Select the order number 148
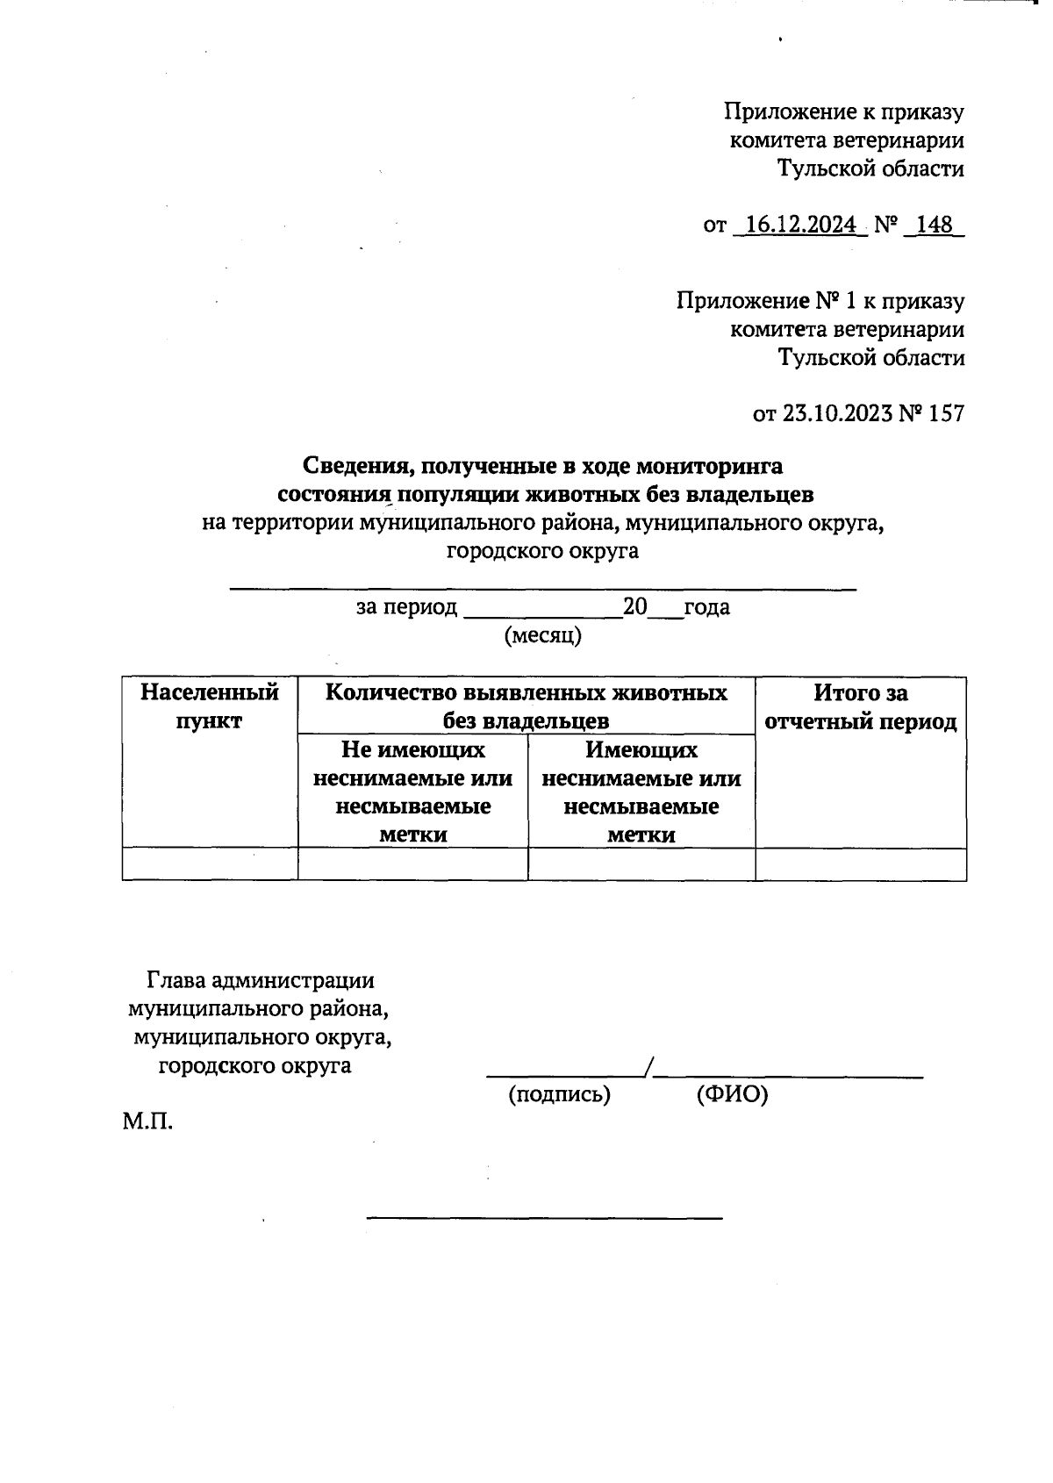click(935, 226)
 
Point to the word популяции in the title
click(458, 494)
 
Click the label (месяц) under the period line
click(542, 635)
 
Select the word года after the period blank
click(706, 607)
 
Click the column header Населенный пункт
click(210, 706)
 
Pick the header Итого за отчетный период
click(861, 706)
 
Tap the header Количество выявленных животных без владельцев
click(526, 706)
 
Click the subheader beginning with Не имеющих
click(413, 792)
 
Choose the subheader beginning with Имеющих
click(641, 792)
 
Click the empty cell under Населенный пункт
click(210, 864)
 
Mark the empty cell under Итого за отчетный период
click(861, 864)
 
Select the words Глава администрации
click(261, 980)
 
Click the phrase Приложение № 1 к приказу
click(820, 301)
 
